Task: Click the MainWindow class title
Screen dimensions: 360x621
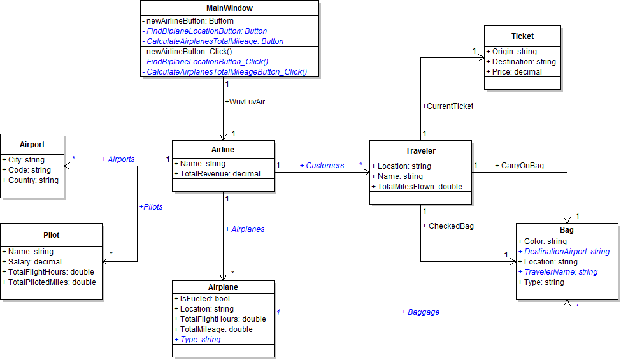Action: (229, 8)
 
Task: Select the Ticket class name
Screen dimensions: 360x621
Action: (522, 36)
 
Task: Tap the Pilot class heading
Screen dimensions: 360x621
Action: (51, 235)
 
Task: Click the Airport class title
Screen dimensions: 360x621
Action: (32, 145)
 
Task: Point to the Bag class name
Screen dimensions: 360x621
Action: (566, 230)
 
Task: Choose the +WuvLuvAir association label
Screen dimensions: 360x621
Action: (245, 101)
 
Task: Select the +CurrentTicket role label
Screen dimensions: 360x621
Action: (448, 106)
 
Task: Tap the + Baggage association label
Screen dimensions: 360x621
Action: (420, 312)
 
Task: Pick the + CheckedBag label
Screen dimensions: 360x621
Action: (448, 226)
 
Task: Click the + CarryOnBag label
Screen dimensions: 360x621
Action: (519, 166)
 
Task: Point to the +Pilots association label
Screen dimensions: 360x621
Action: (151, 207)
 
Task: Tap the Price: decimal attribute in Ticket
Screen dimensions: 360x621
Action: (514, 72)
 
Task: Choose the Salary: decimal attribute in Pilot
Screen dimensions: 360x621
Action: (32, 262)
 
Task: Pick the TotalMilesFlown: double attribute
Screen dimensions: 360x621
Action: (417, 187)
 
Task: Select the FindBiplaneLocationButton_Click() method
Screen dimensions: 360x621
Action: (206, 62)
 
